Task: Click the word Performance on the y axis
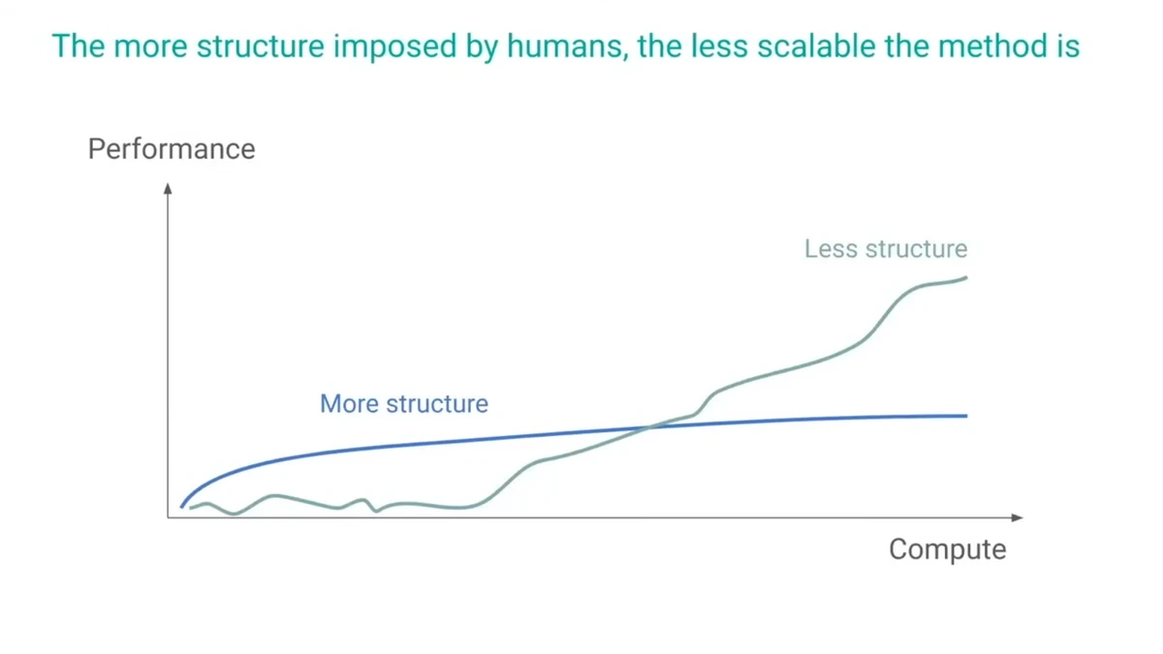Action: pyautogui.click(x=172, y=149)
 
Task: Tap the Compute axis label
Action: pyautogui.click(x=947, y=549)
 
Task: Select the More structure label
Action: pyautogui.click(x=404, y=404)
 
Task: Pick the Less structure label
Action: pyautogui.click(x=886, y=249)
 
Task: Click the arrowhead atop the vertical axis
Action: pyautogui.click(x=168, y=188)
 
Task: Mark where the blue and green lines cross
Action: pyautogui.click(x=651, y=426)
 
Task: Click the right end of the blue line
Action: pyautogui.click(x=966, y=416)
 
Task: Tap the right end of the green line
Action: pyautogui.click(x=966, y=278)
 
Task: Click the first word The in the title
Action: pyautogui.click(x=79, y=46)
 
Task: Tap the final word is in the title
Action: pyautogui.click(x=1069, y=46)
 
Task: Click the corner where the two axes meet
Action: pyautogui.click(x=168, y=517)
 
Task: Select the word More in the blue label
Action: pyautogui.click(x=349, y=404)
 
